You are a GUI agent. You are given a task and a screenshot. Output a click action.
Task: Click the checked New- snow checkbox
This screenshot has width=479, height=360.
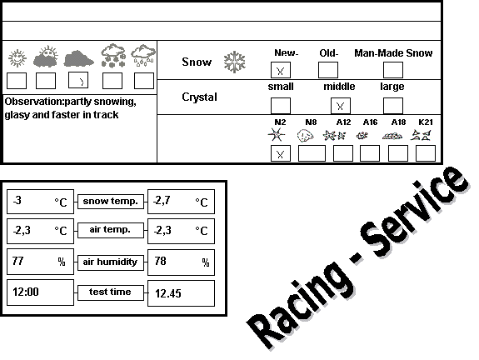tap(281, 70)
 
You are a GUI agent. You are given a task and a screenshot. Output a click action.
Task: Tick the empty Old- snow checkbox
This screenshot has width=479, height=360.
tap(328, 70)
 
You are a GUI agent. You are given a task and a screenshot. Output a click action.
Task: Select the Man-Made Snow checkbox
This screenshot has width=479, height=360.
tap(393, 70)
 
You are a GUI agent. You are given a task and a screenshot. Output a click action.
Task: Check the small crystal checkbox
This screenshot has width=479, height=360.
tap(281, 106)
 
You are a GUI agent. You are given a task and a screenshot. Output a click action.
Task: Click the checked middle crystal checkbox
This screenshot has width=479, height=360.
tap(341, 106)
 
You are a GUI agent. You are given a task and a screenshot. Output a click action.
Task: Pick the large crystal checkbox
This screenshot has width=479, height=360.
tap(393, 106)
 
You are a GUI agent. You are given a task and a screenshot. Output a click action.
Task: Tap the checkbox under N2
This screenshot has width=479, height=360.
tap(281, 153)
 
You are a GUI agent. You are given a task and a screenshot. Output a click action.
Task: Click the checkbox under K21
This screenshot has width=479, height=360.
tap(426, 153)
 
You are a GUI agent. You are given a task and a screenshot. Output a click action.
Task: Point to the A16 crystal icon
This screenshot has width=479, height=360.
tap(362, 135)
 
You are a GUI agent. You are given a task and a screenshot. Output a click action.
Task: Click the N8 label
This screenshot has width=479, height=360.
tap(311, 122)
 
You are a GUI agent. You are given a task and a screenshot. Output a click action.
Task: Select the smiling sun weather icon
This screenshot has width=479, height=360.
tap(17, 57)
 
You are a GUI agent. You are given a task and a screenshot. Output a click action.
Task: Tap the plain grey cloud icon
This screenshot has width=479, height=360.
tap(78, 58)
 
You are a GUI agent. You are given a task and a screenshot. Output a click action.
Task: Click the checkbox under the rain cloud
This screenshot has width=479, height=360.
tap(144, 81)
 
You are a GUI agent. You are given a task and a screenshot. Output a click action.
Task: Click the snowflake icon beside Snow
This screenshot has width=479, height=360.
tap(234, 62)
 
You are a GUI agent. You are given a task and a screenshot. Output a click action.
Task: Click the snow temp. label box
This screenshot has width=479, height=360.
tap(111, 202)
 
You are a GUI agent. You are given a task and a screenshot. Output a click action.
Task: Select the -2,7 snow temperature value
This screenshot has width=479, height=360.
tap(162, 200)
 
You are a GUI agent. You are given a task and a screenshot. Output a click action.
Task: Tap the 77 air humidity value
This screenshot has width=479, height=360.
tap(17, 261)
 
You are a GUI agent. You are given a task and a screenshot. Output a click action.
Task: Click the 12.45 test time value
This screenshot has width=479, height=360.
tap(168, 293)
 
